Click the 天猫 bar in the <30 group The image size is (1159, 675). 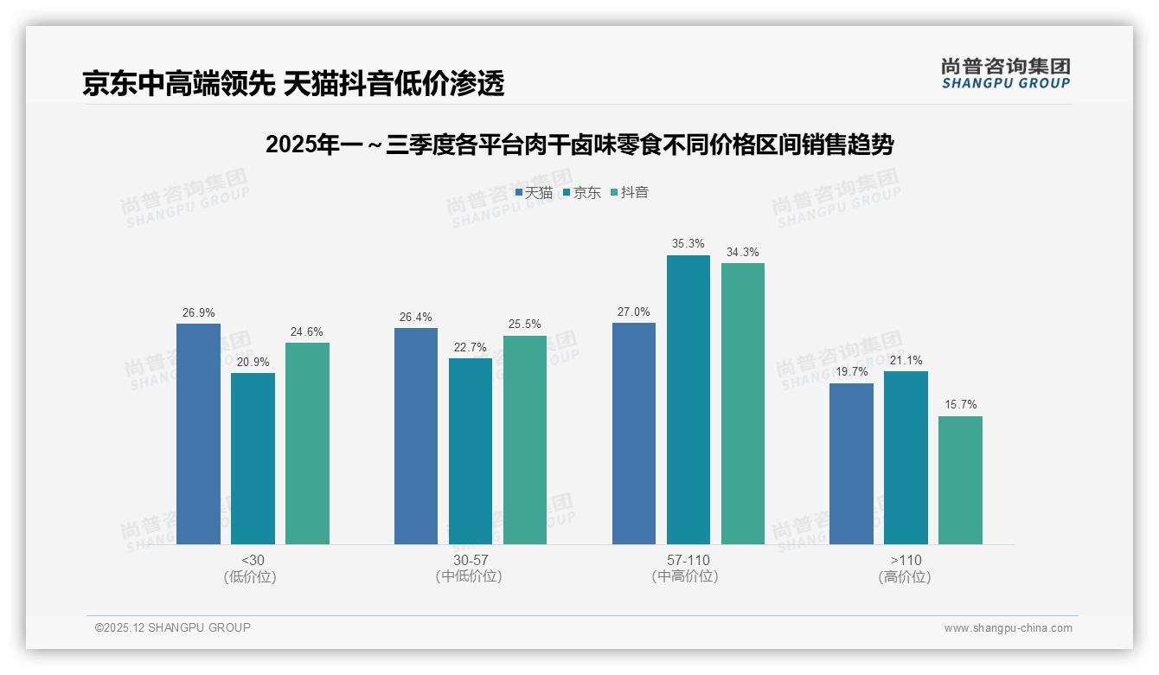point(198,434)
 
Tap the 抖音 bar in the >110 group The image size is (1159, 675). point(960,480)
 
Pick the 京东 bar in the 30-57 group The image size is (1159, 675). point(471,451)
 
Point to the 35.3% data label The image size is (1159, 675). point(688,244)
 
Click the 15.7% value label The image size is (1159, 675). point(960,405)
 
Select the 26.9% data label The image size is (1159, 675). point(198,312)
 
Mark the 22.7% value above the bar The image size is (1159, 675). point(471,347)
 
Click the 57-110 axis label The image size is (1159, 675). point(688,561)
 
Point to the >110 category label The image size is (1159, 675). point(905,561)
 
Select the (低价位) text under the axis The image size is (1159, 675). point(253,577)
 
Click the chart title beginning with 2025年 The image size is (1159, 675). point(579,145)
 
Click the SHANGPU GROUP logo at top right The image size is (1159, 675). point(1005,74)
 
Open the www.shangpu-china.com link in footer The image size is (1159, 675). point(1008,628)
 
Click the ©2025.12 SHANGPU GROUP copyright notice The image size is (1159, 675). point(173,628)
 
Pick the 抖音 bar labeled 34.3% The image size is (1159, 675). point(742,403)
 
